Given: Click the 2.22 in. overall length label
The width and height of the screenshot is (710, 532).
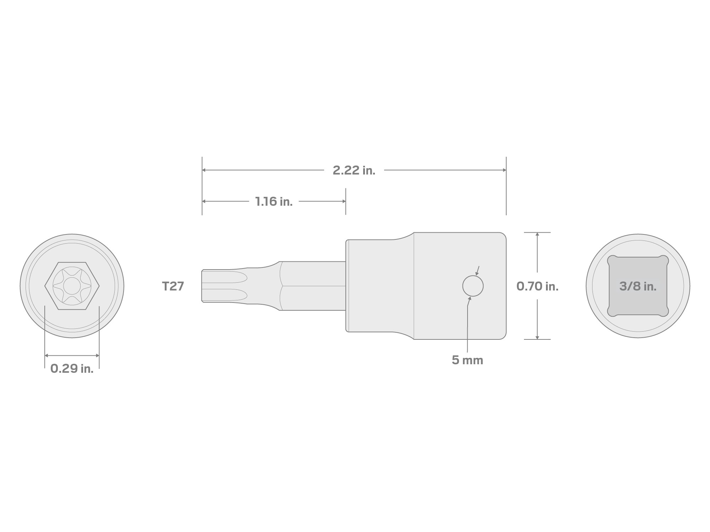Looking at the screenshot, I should tap(354, 171).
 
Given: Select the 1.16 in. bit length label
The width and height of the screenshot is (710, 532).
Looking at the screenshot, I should tap(274, 202).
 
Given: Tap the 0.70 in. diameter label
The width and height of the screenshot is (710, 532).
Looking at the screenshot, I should tap(537, 286).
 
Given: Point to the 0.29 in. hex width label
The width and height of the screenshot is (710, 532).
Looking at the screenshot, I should tap(72, 369).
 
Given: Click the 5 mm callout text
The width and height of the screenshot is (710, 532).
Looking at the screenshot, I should tap(467, 360).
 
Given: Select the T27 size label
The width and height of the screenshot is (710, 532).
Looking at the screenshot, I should tap(173, 286).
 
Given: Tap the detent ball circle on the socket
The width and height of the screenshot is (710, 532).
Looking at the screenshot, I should tap(473, 286).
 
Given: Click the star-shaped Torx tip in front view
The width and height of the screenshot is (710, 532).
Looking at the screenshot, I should tap(72, 286).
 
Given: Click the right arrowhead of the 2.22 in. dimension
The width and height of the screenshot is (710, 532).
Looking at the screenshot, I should tap(504, 170).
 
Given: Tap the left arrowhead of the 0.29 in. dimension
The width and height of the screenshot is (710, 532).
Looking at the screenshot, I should tap(47, 355).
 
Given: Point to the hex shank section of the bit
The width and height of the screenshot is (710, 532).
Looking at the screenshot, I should tap(312, 286).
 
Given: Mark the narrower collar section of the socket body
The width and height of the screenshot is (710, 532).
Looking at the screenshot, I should tap(380, 286).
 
